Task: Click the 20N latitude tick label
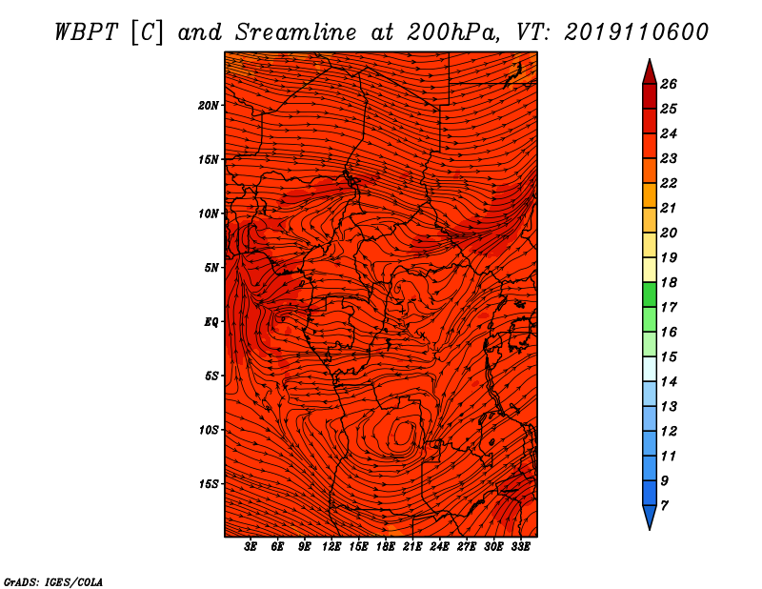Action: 209,106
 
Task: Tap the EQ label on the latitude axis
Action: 211,322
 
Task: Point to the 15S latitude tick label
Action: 209,484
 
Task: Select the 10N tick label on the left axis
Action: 209,213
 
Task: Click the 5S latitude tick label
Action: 211,376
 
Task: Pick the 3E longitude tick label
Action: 251,547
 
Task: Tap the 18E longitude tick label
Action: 386,547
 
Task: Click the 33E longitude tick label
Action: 520,547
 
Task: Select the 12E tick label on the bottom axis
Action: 331,547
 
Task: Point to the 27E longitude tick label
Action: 467,547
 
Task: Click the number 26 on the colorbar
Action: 669,84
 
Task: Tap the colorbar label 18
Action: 669,282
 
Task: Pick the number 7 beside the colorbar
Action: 664,506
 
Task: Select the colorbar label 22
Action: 669,183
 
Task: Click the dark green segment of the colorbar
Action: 650,294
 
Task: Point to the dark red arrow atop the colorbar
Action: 650,72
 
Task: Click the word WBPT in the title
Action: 86,32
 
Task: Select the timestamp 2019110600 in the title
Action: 636,32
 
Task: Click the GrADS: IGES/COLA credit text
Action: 53,582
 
